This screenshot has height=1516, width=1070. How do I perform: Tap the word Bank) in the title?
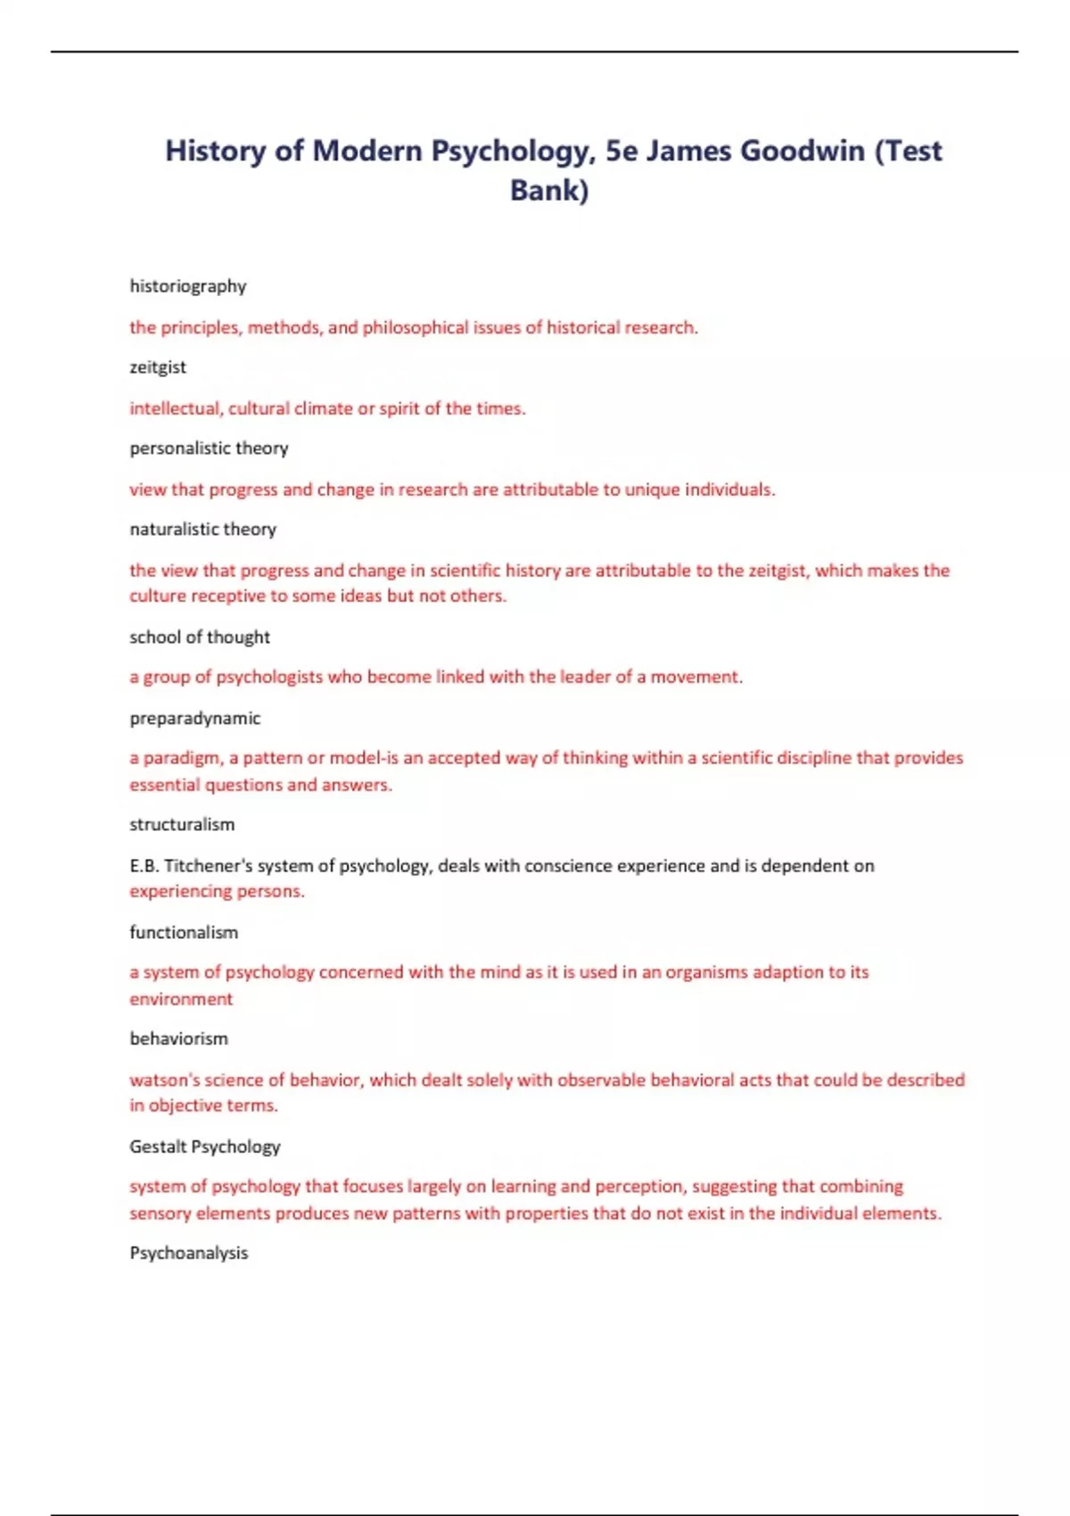tap(549, 190)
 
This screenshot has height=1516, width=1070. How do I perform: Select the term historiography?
tap(187, 286)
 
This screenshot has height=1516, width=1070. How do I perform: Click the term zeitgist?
tap(158, 367)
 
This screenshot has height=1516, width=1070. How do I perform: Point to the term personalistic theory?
tap(209, 448)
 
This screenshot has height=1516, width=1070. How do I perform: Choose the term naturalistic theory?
tap(203, 529)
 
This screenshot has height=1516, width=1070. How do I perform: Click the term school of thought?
tap(200, 637)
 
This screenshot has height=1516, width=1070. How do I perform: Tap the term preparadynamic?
tap(195, 718)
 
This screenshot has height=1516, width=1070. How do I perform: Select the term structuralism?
tap(182, 824)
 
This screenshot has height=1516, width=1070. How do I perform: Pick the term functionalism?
tap(184, 932)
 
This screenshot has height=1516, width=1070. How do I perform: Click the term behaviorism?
tap(178, 1038)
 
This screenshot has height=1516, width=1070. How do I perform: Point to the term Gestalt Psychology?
tap(205, 1146)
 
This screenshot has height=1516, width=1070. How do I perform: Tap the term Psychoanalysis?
tap(189, 1253)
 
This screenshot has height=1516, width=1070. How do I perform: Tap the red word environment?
tap(181, 999)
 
